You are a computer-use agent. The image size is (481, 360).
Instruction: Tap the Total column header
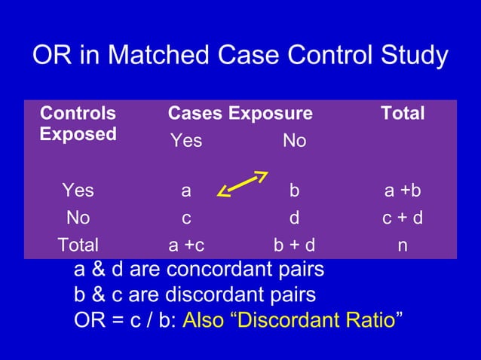[x=403, y=114]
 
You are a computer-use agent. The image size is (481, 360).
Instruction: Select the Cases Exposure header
[x=240, y=114]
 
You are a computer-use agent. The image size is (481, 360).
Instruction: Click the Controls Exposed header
[x=78, y=124]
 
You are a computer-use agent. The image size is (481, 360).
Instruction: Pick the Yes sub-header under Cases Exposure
[x=186, y=141]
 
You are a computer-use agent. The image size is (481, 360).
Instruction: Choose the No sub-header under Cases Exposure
[x=294, y=141]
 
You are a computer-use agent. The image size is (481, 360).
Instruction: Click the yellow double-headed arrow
[x=242, y=185]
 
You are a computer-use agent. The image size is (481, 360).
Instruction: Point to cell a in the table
[x=186, y=191]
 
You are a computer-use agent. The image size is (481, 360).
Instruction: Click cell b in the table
[x=294, y=191]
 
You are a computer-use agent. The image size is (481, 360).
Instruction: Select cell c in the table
[x=186, y=218]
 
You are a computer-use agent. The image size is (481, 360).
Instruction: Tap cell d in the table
[x=294, y=218]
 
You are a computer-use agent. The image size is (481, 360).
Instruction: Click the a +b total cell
[x=403, y=191]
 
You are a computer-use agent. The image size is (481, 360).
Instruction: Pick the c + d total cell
[x=403, y=218]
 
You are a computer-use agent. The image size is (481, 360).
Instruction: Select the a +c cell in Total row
[x=186, y=245]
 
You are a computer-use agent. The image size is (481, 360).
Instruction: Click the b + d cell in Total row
[x=294, y=245]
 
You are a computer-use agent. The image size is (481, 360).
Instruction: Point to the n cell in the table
[x=403, y=245]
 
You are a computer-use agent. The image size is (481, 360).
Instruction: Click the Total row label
[x=78, y=245]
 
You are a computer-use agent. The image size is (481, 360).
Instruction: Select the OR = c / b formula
[x=124, y=319]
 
